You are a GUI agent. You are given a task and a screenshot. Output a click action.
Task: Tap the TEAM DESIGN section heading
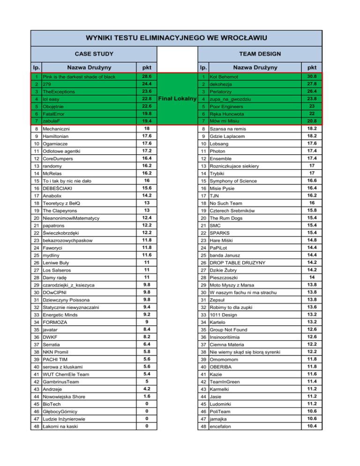pos(264,54)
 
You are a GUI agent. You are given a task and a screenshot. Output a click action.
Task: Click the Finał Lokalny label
pos(177,98)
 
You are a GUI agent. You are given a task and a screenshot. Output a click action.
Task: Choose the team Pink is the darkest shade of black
pos(78,77)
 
